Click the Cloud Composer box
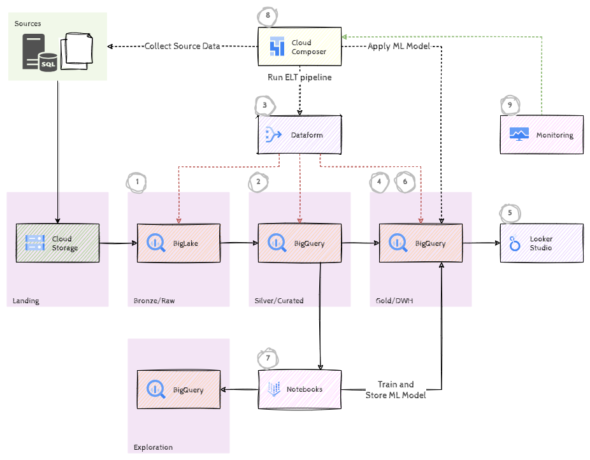click(299, 47)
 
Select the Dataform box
click(299, 134)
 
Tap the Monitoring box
click(542, 134)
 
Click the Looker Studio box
click(542, 243)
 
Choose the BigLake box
click(178, 243)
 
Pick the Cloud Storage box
click(57, 243)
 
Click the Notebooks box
click(299, 389)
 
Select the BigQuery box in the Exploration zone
click(178, 389)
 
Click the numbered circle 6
click(405, 182)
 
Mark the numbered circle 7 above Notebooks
click(268, 358)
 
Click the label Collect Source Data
click(182, 47)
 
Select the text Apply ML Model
click(399, 47)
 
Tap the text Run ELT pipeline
click(299, 77)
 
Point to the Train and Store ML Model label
click(396, 390)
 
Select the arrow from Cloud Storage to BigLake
click(119, 243)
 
